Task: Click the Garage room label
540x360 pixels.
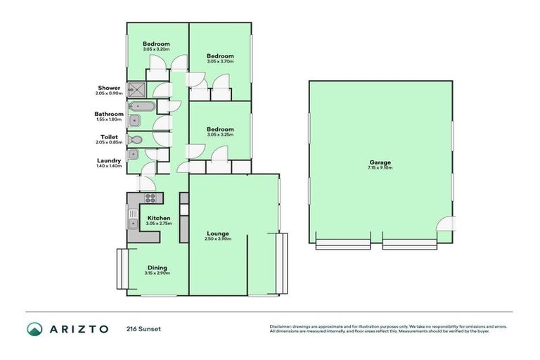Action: click(379, 162)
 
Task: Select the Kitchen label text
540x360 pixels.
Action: click(158, 218)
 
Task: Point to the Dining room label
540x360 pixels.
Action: click(157, 267)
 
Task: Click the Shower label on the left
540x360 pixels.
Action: click(109, 88)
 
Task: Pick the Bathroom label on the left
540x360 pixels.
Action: click(109, 114)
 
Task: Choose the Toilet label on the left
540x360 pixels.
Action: click(109, 137)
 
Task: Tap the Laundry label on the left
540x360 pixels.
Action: click(109, 161)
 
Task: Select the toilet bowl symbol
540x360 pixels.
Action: click(136, 140)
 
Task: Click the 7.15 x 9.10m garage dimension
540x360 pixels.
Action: click(379, 168)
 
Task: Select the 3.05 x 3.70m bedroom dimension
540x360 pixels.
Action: click(220, 62)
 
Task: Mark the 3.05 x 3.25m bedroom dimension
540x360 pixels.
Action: click(220, 134)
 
